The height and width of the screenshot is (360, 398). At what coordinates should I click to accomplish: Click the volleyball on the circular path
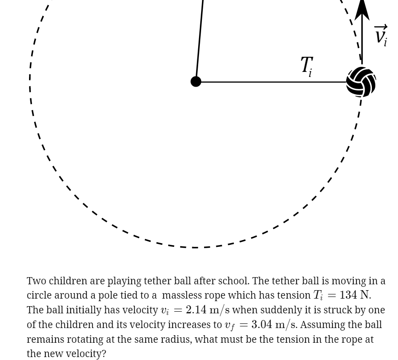(361, 82)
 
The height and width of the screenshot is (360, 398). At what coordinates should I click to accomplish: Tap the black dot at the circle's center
(196, 82)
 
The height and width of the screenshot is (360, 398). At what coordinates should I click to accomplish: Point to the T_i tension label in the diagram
(307, 66)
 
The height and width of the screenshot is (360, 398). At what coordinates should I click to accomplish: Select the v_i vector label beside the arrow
(381, 35)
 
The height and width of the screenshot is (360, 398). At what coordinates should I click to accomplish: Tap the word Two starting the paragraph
(35, 281)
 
